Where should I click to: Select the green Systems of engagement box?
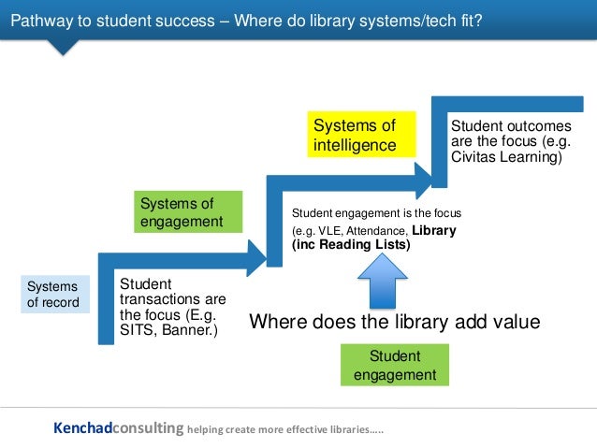click(x=189, y=212)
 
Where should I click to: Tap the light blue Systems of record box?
click(x=55, y=294)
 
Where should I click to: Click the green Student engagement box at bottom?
click(x=395, y=365)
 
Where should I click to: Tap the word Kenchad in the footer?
click(x=82, y=428)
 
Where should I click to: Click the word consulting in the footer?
click(x=148, y=428)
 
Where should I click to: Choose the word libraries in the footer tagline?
click(x=337, y=430)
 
